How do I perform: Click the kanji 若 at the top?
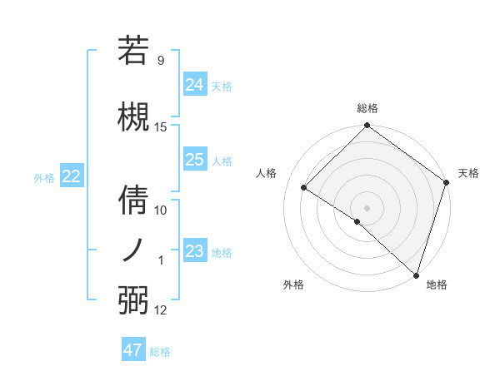(x=133, y=49)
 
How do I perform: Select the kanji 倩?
(x=133, y=200)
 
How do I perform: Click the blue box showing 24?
(x=195, y=84)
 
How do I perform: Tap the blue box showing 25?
(x=195, y=160)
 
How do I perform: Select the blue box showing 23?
(x=195, y=251)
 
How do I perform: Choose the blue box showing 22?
(x=71, y=176)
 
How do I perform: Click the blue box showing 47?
(x=133, y=350)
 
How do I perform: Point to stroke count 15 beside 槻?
(x=161, y=126)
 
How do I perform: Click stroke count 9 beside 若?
(x=161, y=60)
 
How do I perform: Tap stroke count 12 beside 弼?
(x=161, y=310)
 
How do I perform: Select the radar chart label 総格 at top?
(x=367, y=108)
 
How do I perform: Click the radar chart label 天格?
(x=468, y=173)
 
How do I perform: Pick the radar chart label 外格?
(x=293, y=285)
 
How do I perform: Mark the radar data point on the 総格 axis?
(x=367, y=126)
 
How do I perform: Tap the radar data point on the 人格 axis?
(x=304, y=187)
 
